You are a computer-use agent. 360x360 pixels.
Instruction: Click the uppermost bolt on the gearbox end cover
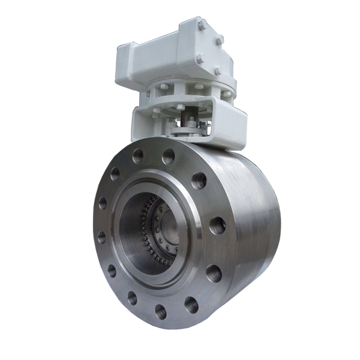point(202,25)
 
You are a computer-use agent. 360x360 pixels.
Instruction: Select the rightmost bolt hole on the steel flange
point(217,226)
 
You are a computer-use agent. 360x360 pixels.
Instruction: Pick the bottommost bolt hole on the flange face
point(160,311)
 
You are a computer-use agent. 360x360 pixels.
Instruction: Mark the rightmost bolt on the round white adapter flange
point(226,94)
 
